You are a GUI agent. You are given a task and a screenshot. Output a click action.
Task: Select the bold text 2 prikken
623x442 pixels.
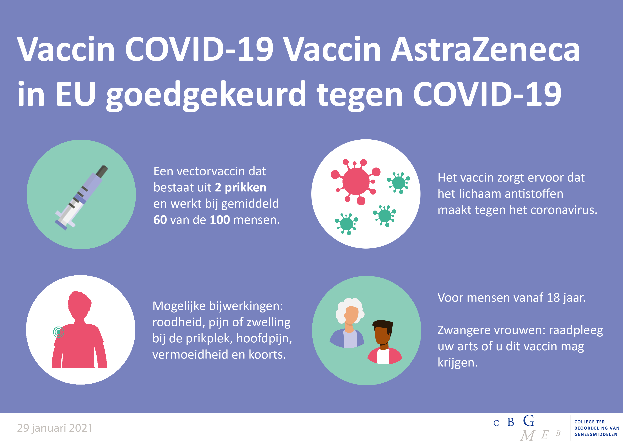(x=241, y=187)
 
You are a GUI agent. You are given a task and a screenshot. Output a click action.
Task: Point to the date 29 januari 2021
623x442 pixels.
(x=55, y=428)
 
